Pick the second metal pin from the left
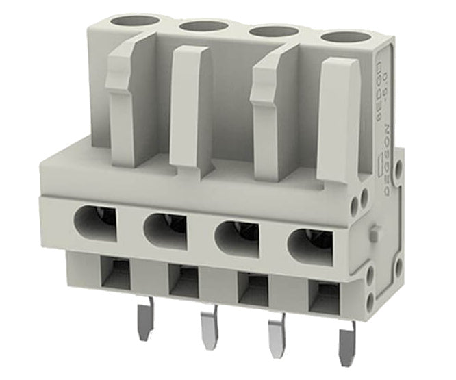pyautogui.click(x=209, y=330)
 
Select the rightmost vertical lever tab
pyautogui.click(x=338, y=116)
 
